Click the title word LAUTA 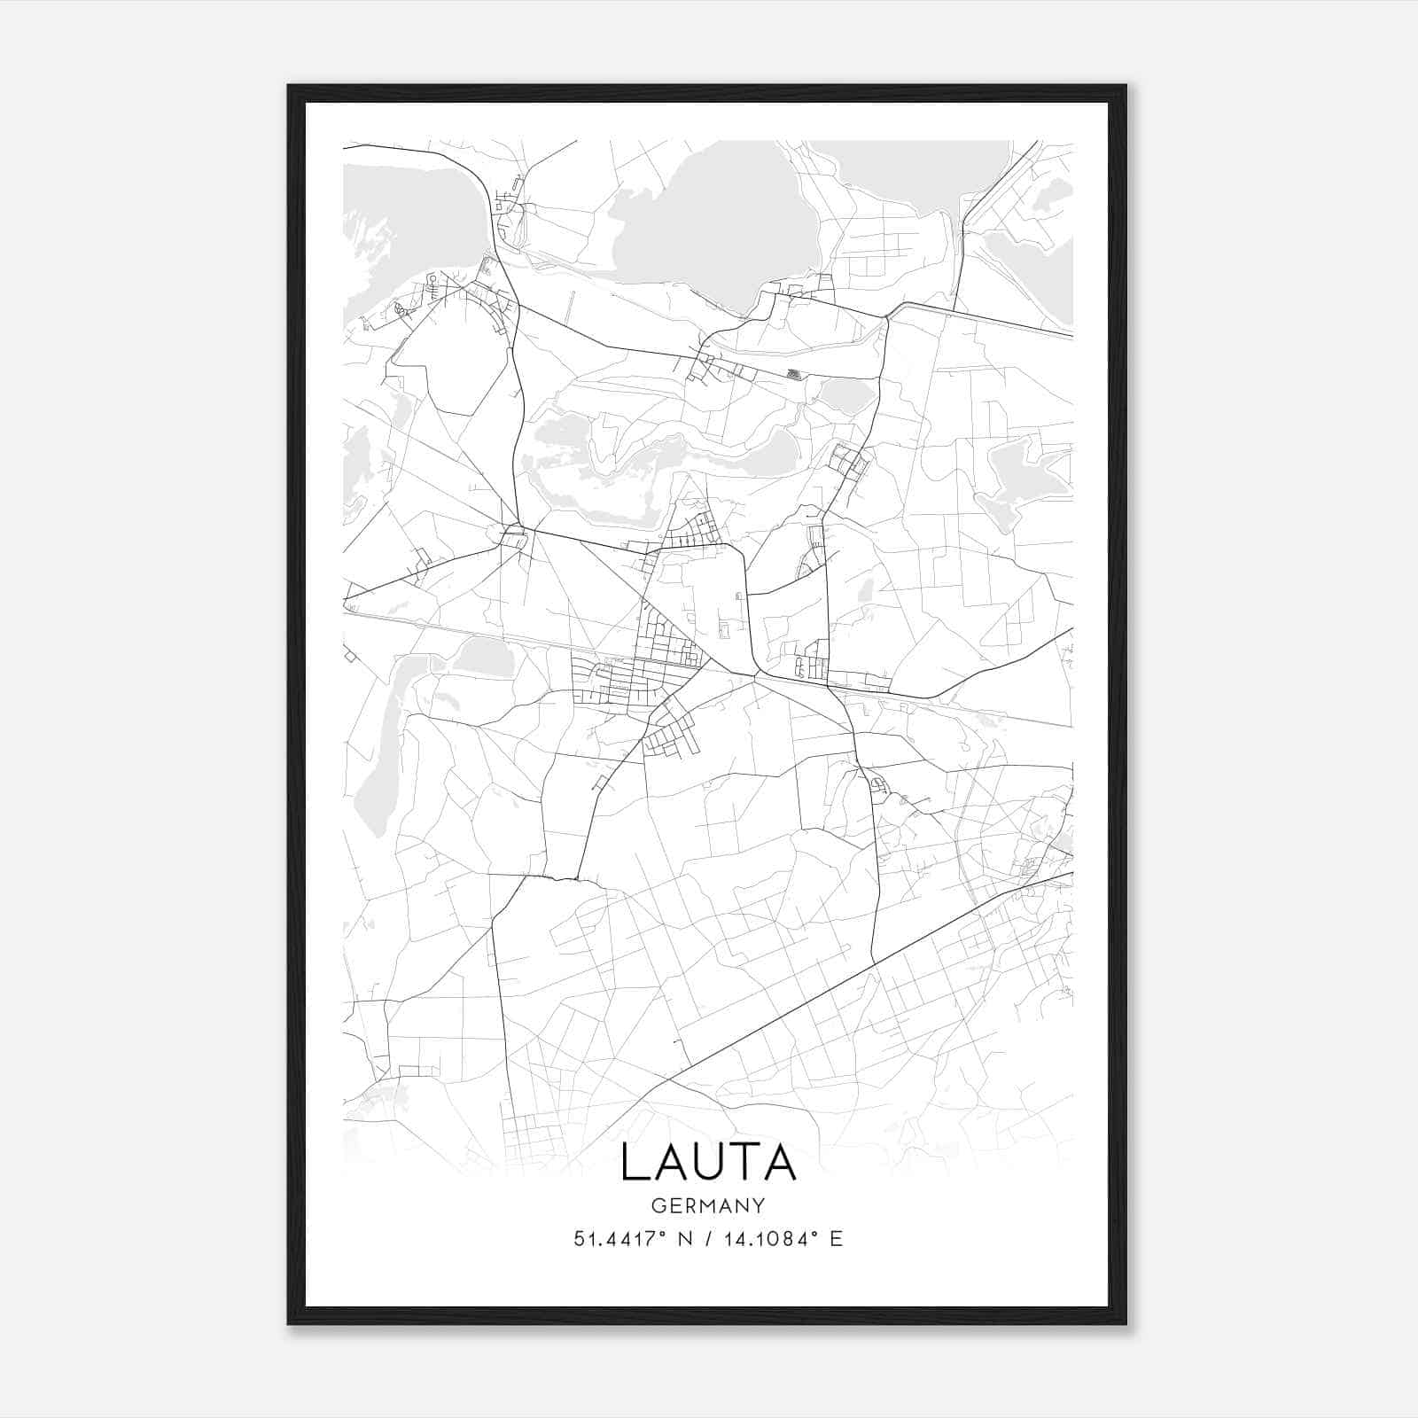708,1162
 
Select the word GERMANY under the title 708,1205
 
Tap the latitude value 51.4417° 619,1239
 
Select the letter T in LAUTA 744,1162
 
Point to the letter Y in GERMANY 760,1205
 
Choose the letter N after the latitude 684,1239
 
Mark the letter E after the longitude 836,1239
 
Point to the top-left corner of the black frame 290,87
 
